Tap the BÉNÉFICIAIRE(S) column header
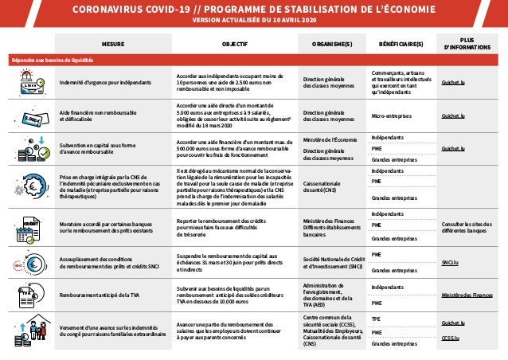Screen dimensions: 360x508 401,45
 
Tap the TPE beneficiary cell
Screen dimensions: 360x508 376,319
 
